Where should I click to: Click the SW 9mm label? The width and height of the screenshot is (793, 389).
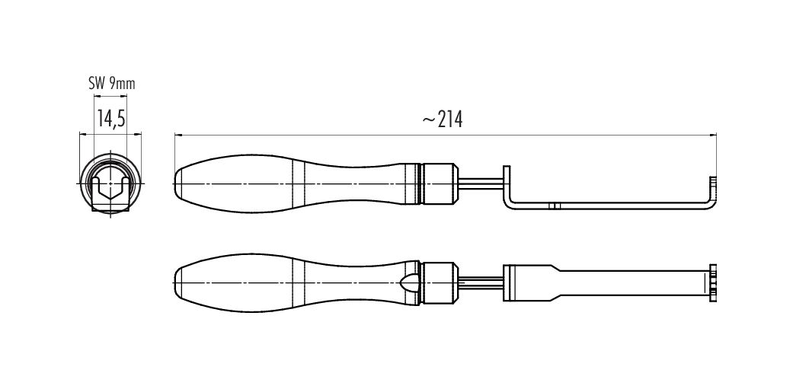click(x=112, y=84)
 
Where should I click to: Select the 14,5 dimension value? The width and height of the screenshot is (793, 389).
click(x=112, y=120)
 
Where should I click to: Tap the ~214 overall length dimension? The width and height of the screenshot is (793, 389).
click(x=443, y=120)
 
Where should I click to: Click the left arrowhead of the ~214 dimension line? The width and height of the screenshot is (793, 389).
click(x=177, y=135)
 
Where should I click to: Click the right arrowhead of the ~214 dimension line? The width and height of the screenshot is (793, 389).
click(x=713, y=135)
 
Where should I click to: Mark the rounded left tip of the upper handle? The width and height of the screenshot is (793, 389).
click(x=174, y=183)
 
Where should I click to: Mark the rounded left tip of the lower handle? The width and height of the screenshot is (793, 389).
click(x=174, y=282)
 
